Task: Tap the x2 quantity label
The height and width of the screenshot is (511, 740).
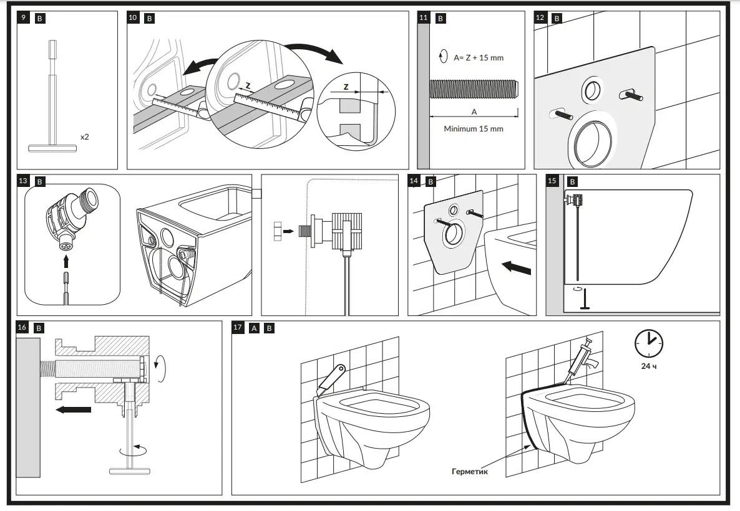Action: [x=84, y=136]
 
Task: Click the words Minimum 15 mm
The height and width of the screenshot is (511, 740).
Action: [x=473, y=129]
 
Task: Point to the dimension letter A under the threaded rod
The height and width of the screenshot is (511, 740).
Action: [x=474, y=112]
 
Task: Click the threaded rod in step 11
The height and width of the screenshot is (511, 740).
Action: [x=473, y=89]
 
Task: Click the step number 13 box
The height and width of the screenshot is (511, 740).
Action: [x=23, y=181]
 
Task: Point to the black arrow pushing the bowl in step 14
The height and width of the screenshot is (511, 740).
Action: [x=517, y=269]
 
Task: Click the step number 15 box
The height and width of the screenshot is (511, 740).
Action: [x=552, y=181]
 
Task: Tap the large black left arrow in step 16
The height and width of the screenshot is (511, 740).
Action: [x=72, y=409]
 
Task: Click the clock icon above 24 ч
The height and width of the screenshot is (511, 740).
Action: [x=648, y=343]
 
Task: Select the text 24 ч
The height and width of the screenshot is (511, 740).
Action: [x=648, y=366]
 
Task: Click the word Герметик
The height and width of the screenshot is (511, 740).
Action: [x=469, y=472]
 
